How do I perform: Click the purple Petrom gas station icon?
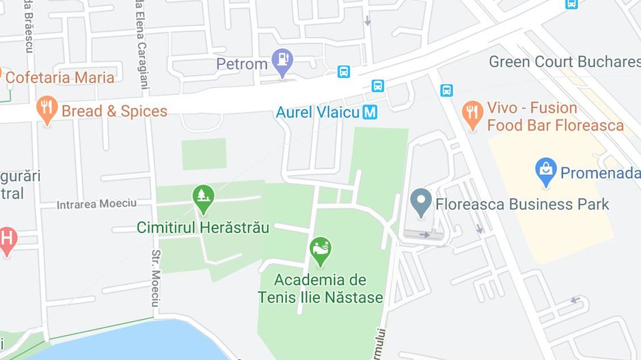click(282, 62)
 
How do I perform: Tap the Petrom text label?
click(241, 64)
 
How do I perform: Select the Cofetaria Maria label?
click(59, 77)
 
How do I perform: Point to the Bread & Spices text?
click(114, 111)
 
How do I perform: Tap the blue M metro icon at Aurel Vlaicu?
click(370, 112)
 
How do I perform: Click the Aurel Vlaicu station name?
click(317, 113)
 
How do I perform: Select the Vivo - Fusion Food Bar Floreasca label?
click(555, 117)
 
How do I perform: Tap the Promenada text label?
click(599, 174)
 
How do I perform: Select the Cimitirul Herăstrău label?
click(203, 227)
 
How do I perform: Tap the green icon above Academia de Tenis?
click(320, 251)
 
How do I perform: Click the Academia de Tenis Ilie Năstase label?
click(320, 289)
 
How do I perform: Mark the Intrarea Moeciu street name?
click(96, 204)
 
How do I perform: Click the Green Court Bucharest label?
click(564, 62)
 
